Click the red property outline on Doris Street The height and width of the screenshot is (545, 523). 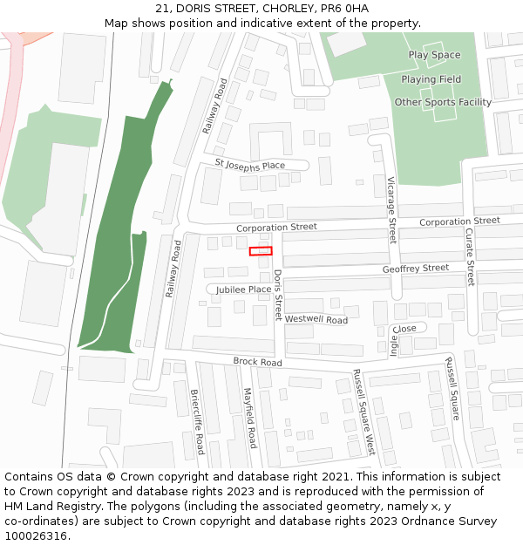pos(261,251)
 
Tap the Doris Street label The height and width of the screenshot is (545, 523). pos(278,294)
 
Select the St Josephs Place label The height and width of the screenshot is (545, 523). pos(250,165)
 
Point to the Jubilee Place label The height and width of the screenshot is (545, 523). pos(244,290)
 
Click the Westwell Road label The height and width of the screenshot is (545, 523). pos(316,320)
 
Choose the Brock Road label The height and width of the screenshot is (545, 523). pos(257,362)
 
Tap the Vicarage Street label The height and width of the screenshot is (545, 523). pos(391,210)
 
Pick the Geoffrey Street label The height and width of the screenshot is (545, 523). pos(416,269)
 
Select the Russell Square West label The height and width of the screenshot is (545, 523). pos(363,412)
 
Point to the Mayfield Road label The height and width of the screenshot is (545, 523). pos(249,418)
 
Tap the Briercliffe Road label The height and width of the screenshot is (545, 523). pos(196,421)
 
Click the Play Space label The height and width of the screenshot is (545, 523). pos(434,55)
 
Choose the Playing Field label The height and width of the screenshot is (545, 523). pos(431,79)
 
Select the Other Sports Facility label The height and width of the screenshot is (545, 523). pos(443,102)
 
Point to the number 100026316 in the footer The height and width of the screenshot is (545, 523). pos(34,535)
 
